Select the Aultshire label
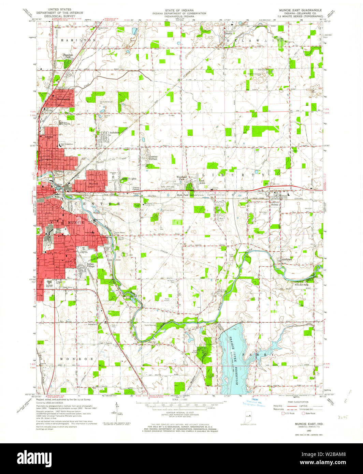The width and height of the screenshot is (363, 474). [x=114, y=132]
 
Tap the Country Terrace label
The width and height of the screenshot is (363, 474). [x=153, y=158]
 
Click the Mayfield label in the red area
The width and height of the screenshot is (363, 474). [x=93, y=183]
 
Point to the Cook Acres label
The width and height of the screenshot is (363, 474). [x=202, y=182]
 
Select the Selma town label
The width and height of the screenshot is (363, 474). [x=275, y=195]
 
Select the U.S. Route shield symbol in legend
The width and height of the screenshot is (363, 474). [x=282, y=413]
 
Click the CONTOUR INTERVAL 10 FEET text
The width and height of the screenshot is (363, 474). [x=185, y=413]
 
